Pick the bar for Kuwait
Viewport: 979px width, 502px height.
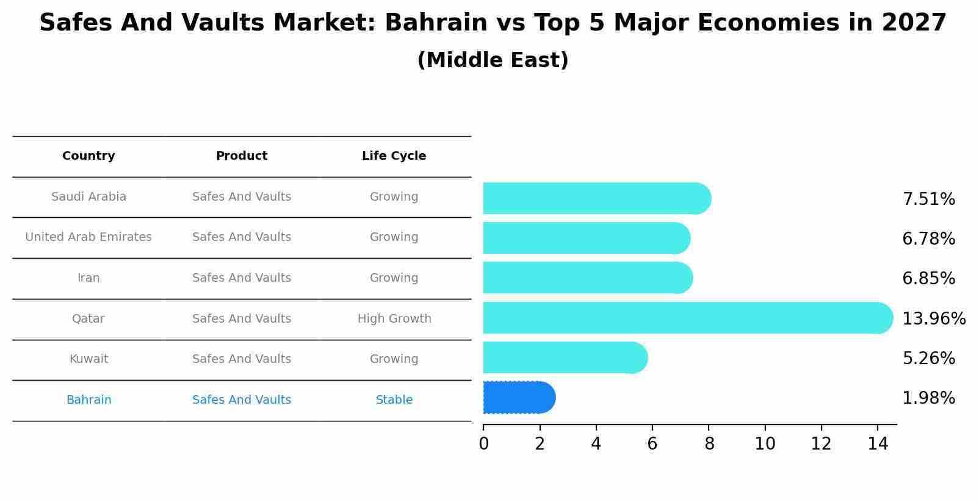565,357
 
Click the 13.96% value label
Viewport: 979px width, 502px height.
933,319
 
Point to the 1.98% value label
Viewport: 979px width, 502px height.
928,398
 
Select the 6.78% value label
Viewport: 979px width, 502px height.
928,239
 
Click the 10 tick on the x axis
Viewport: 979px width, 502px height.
765,444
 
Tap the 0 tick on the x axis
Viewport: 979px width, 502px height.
483,444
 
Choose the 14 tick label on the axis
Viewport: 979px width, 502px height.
878,444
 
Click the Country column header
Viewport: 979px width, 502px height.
89,156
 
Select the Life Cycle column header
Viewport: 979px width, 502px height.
394,156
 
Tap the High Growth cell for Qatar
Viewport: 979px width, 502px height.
394,319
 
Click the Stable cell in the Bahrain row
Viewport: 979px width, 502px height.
394,400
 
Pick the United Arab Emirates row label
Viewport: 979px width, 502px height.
89,237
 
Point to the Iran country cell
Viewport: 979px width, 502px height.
89,278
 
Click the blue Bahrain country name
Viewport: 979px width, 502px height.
89,400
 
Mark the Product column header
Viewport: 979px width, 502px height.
242,156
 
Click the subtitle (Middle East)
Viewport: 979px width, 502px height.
493,60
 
